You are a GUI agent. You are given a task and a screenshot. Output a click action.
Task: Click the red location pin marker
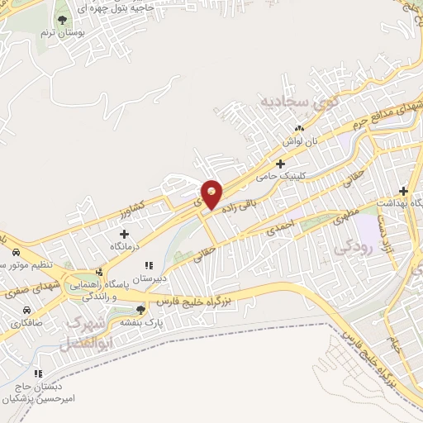pyautogui.click(x=212, y=194)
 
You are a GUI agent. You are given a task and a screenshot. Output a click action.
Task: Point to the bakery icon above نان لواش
pyautogui.click(x=300, y=128)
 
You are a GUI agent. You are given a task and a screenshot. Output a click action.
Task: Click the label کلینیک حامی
pyautogui.click(x=280, y=176)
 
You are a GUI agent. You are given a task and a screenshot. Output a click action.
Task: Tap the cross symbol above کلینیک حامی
pyautogui.click(x=281, y=163)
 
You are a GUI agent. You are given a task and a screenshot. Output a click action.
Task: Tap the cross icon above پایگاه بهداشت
pyautogui.click(x=403, y=189)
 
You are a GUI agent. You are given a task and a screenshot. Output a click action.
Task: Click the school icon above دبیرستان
pyautogui.click(x=150, y=265)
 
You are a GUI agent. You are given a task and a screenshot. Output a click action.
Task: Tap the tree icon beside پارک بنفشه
pyautogui.click(x=140, y=309)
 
